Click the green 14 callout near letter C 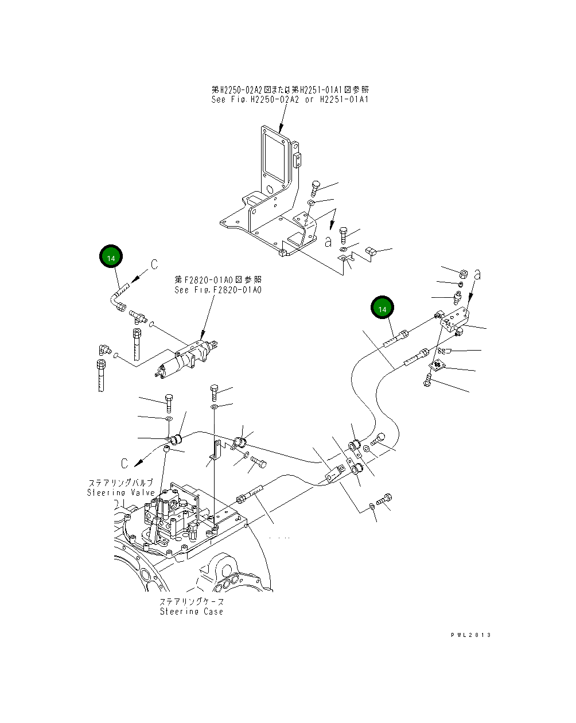coord(111,258)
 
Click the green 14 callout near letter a coord(382,309)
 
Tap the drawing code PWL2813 coord(470,635)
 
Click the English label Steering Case coord(191,612)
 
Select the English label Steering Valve coord(121,493)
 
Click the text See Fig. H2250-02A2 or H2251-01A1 coord(290,99)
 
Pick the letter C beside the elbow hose coord(154,265)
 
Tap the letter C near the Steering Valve coord(124,463)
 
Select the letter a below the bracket coord(328,242)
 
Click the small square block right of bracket coord(370,250)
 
